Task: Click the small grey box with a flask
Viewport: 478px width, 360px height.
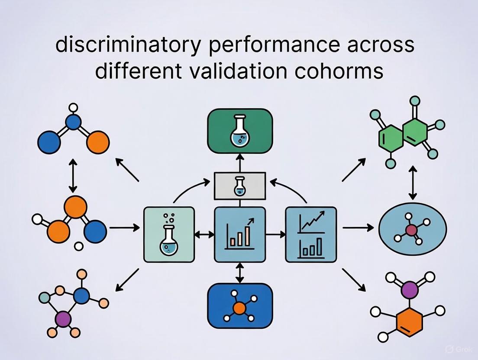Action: tap(239, 186)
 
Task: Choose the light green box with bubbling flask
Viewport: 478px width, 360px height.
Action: tap(168, 234)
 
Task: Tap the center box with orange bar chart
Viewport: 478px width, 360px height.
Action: tap(239, 234)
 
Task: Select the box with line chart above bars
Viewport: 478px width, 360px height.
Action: tap(310, 234)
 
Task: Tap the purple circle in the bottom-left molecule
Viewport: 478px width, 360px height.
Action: tap(63, 319)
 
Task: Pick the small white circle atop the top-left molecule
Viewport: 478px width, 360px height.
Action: tap(73, 107)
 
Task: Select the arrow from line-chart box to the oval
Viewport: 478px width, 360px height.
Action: tap(357, 227)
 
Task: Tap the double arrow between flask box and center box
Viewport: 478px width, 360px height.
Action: tap(204, 234)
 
